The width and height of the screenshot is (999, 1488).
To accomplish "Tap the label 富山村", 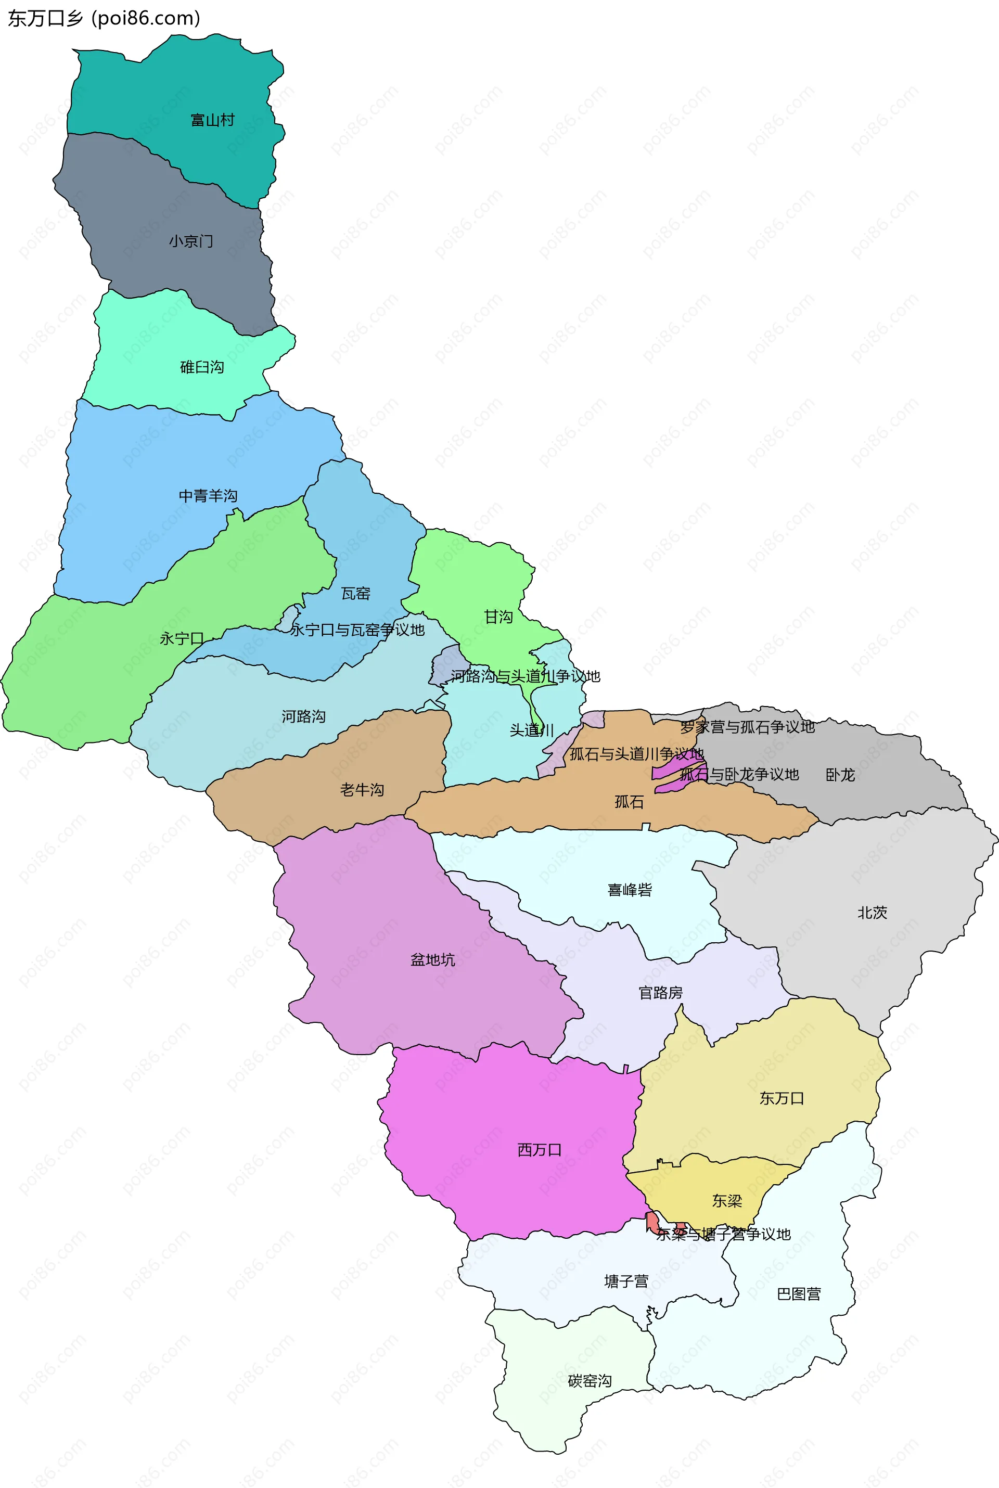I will click(213, 120).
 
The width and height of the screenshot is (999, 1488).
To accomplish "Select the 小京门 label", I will click(191, 241).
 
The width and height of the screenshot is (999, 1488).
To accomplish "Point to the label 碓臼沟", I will click(202, 367).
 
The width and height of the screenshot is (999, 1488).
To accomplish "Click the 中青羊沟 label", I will click(208, 496).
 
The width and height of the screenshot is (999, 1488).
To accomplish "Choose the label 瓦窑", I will click(355, 594).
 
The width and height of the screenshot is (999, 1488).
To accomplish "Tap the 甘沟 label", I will click(498, 617).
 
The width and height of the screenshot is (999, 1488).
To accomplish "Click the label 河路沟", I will click(303, 716).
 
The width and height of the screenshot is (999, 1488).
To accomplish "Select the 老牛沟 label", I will click(362, 790).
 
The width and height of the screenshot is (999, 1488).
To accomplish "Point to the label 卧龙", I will click(840, 775).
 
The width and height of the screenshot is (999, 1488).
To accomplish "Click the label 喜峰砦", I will click(630, 890).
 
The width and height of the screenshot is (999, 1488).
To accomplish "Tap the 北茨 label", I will click(872, 913).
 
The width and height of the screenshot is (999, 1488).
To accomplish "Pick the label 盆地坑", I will click(432, 960).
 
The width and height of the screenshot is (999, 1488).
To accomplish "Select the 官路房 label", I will click(661, 992).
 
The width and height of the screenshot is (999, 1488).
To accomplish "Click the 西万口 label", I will click(540, 1150).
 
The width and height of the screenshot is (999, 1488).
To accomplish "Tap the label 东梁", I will click(727, 1201).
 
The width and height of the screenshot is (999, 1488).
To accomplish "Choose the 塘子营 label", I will click(626, 1281).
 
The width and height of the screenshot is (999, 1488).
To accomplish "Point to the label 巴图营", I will click(799, 1294).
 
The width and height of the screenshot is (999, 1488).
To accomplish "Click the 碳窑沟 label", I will click(590, 1380).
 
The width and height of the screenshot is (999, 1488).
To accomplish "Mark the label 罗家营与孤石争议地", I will click(747, 727).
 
